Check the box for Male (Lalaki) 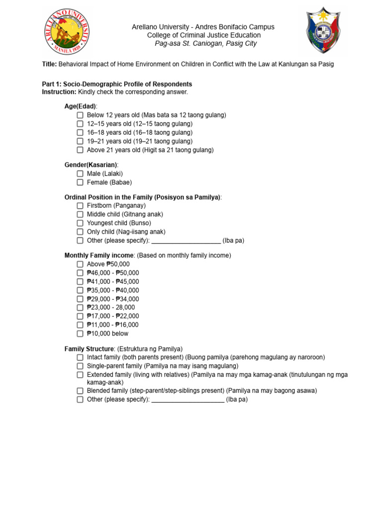80,173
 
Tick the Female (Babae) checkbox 80,182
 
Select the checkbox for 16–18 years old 80,133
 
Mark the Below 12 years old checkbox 80,115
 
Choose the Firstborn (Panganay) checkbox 80,206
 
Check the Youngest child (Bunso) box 80,223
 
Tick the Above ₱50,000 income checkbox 80,264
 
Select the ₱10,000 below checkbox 80,334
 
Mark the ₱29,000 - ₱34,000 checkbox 80,299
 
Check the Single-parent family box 80,366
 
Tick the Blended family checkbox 80,391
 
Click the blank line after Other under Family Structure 188,400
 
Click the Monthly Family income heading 99,255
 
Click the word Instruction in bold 59,92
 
